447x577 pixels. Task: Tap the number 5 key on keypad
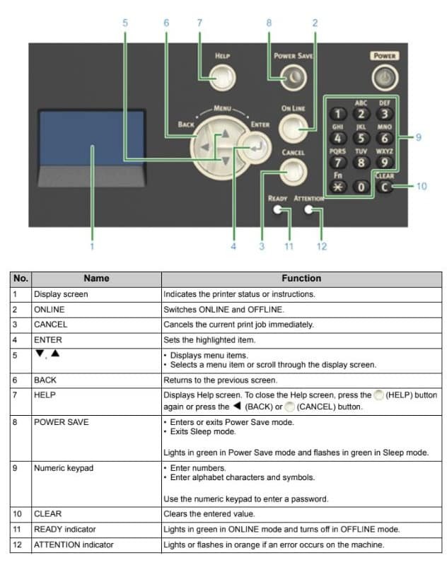click(x=361, y=137)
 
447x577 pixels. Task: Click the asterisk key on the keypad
click(x=339, y=187)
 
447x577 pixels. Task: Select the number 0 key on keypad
click(x=362, y=187)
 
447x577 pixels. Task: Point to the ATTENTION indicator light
click(x=308, y=211)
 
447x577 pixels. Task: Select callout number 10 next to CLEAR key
click(x=422, y=187)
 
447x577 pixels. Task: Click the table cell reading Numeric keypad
click(x=63, y=468)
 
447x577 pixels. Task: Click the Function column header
click(x=301, y=278)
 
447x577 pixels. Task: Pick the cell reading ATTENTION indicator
click(x=74, y=544)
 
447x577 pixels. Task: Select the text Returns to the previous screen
click(x=220, y=380)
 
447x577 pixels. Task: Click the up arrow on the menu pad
click(x=225, y=132)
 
